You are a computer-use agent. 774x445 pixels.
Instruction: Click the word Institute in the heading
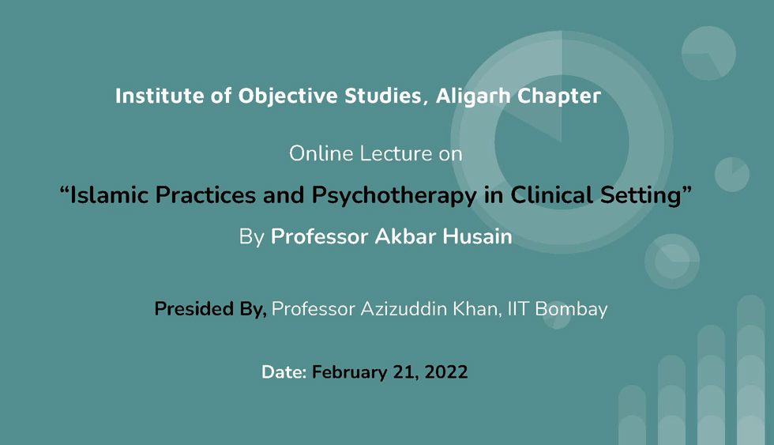pos(160,96)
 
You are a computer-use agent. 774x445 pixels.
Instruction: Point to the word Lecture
pos(396,153)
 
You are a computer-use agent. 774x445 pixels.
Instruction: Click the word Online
pos(321,153)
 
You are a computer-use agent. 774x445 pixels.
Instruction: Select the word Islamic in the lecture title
pos(109,194)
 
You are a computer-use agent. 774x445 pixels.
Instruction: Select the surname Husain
pos(477,236)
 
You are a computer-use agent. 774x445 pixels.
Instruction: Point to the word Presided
pos(194,309)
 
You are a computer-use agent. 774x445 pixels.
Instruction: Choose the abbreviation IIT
pos(518,309)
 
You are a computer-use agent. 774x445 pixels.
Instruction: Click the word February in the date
pos(349,373)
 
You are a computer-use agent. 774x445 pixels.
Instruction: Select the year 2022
pos(445,372)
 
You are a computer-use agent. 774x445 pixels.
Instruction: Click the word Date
pos(284,372)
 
